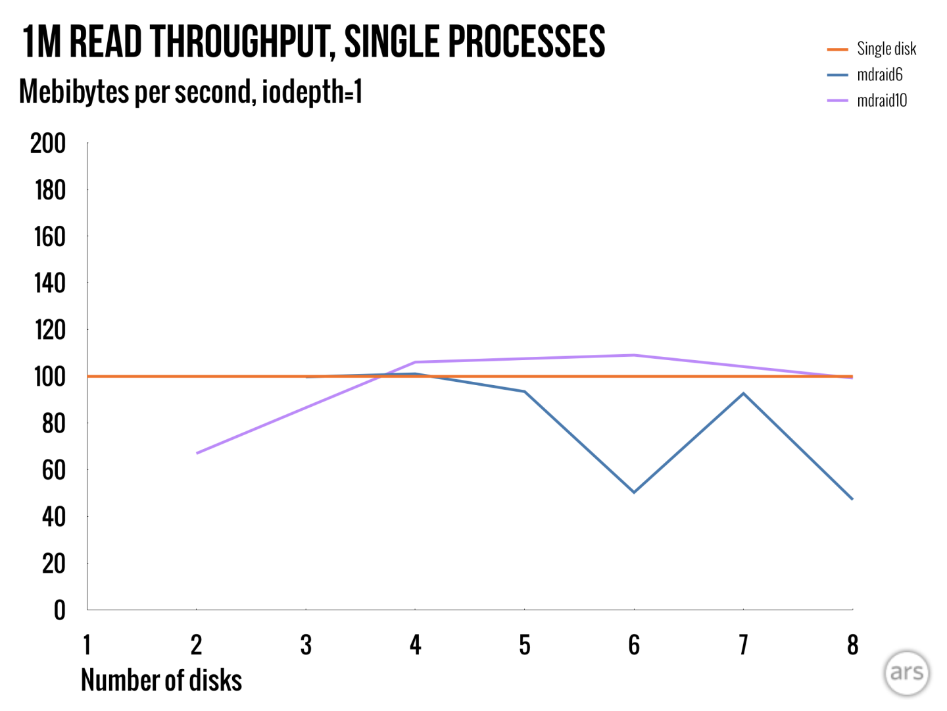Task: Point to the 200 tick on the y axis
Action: point(49,144)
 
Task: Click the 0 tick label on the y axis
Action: point(59,610)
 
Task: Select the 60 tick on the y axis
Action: point(53,470)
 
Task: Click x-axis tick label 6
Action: point(634,645)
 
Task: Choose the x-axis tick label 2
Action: point(196,645)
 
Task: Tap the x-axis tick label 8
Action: point(852,645)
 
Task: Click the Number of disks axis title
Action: point(161,680)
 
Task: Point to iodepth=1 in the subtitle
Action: point(312,92)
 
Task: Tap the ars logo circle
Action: point(906,673)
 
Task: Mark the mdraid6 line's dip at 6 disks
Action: point(634,492)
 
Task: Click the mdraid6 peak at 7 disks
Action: point(743,394)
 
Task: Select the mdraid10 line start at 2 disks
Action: point(197,453)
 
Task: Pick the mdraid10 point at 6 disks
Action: point(634,355)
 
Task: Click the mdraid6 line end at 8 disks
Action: point(852,499)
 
